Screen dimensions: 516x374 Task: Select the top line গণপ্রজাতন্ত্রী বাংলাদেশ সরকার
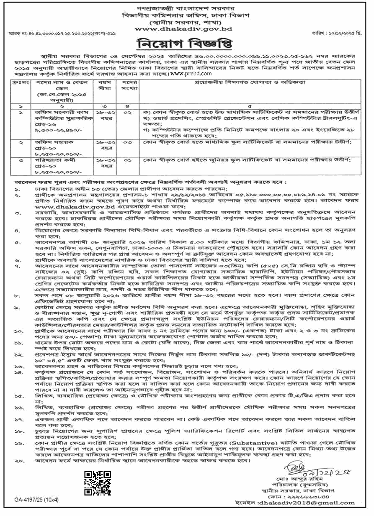coord(187,8)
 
